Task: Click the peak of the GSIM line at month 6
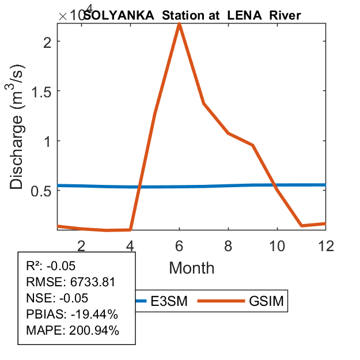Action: (180, 24)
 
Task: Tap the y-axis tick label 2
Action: (50, 41)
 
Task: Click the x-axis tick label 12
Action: (327, 246)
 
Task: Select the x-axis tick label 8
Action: (229, 246)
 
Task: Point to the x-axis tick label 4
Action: (131, 246)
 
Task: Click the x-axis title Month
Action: (192, 268)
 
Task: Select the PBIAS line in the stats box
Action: (72, 314)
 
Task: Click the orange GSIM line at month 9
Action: (253, 145)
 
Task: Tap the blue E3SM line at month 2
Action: (82, 186)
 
